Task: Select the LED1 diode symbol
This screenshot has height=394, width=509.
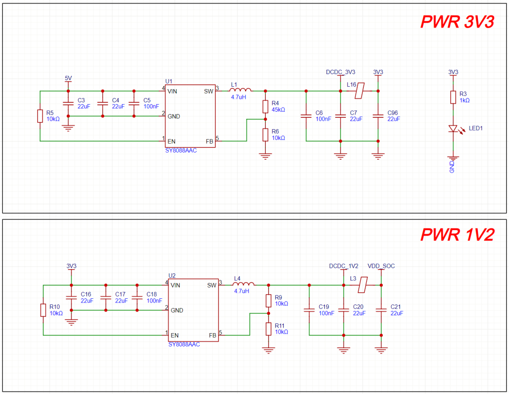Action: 453,129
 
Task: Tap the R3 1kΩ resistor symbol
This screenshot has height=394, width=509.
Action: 453,97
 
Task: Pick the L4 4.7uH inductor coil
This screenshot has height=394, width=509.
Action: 244,285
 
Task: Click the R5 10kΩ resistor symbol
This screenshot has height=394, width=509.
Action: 40,116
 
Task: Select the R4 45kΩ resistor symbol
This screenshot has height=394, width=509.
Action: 265,107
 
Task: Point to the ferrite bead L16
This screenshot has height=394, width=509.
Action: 359,90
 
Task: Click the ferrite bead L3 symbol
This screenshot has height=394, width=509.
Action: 362,285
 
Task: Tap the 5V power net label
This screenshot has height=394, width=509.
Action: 68,78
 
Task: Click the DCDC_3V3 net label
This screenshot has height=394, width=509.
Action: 340,72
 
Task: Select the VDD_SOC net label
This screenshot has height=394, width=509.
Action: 381,266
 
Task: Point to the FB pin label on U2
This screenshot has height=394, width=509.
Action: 213,335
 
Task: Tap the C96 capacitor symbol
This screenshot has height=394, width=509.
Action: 378,116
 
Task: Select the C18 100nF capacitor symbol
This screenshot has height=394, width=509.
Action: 137,297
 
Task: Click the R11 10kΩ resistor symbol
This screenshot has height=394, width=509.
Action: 269,328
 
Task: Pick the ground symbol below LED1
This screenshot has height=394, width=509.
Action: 453,159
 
